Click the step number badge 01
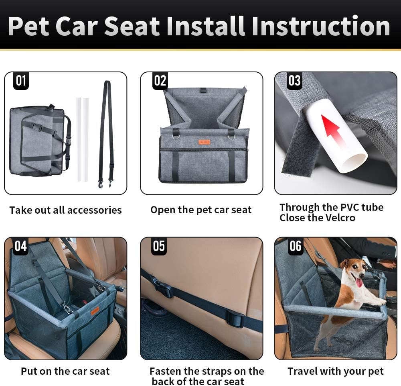click(21, 81)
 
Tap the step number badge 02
click(160, 81)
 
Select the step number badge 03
click(294, 81)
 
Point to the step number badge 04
click(21, 246)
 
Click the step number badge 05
click(159, 246)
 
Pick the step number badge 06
click(295, 246)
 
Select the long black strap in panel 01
click(107, 133)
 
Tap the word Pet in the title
click(29, 27)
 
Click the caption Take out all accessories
click(65, 210)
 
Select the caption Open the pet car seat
click(201, 210)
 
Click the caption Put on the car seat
click(65, 372)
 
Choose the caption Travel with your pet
click(335, 372)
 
